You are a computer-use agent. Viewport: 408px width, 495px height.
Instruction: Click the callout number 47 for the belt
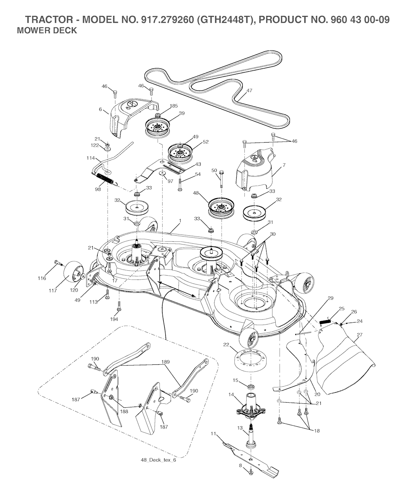(x=249, y=91)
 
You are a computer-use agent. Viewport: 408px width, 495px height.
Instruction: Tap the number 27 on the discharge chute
(x=359, y=335)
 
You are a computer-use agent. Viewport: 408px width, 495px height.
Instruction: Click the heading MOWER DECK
(x=47, y=31)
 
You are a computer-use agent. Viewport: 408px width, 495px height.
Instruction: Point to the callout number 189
(x=165, y=362)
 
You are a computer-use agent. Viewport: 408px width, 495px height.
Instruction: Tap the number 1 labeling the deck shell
(x=180, y=220)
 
